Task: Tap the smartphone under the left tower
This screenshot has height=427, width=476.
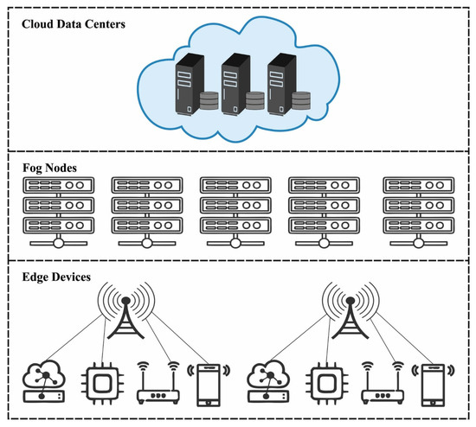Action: coord(206,384)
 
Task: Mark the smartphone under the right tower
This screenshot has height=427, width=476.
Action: coord(431,384)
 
